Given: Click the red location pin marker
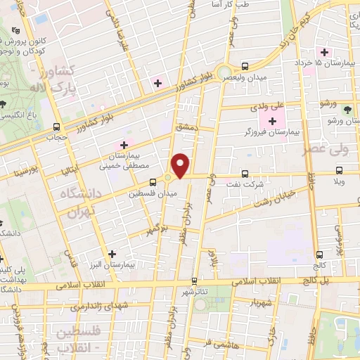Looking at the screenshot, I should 181,166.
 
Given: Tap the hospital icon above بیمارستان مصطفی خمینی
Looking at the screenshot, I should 124,145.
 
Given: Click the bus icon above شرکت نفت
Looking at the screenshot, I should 245,173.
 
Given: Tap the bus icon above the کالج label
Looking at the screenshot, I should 320,255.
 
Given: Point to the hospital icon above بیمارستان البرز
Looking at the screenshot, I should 112,254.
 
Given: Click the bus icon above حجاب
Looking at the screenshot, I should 56,127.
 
